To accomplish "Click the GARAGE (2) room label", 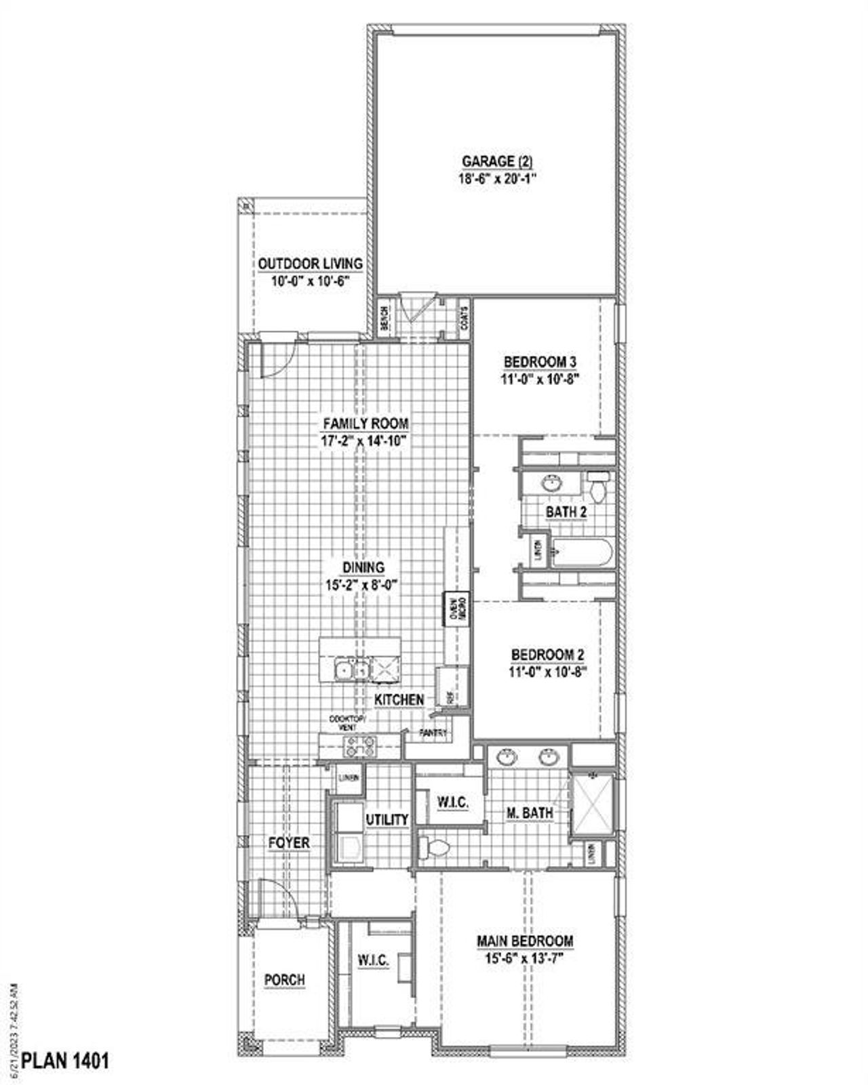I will point(498,162).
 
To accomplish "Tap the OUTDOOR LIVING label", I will point(309,264).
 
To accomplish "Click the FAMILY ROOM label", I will point(365,424).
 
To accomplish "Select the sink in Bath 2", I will point(552,483).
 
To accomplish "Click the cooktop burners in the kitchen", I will point(359,746).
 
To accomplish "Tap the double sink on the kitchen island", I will point(351,670).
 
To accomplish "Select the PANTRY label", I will point(433,733).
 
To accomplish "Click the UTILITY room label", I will point(387,820).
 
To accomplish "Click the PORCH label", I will point(284,980).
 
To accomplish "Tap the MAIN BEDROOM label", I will point(525,941).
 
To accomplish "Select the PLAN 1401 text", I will point(66,1061).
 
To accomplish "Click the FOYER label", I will point(289,843).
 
